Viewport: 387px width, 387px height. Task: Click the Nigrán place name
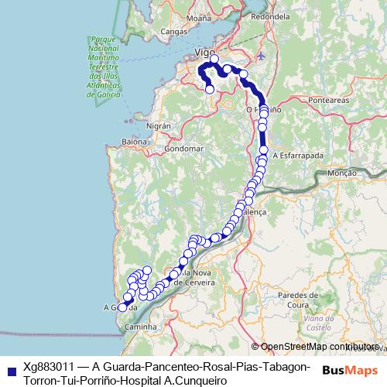(x=158, y=125)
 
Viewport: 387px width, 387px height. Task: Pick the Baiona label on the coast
(x=134, y=142)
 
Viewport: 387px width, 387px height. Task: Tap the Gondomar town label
(x=184, y=148)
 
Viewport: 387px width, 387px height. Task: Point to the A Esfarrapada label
(x=298, y=155)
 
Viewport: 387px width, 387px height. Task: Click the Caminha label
(x=140, y=327)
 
